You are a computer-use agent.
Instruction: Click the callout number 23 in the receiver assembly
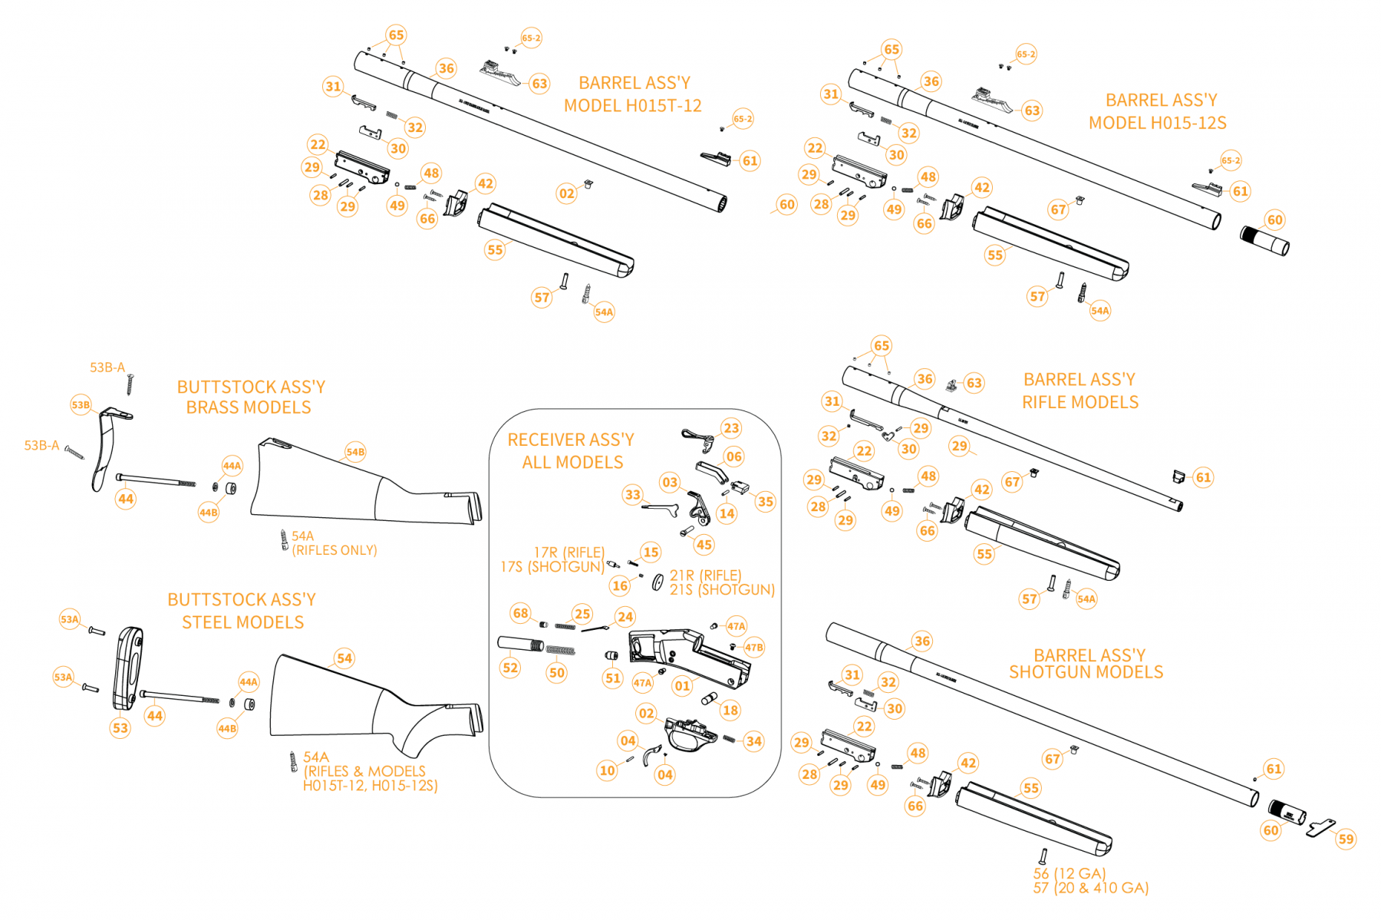(x=731, y=428)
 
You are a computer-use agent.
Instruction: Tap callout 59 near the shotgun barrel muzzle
(x=1346, y=839)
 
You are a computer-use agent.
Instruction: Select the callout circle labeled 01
(x=682, y=685)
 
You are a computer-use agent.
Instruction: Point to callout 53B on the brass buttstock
(x=81, y=404)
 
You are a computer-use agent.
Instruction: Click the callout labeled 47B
(x=754, y=648)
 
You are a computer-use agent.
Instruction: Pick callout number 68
(x=521, y=612)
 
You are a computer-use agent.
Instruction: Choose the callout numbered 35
(x=765, y=502)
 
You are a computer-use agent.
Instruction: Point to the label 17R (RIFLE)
(x=569, y=552)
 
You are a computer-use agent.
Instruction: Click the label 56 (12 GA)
(x=1069, y=873)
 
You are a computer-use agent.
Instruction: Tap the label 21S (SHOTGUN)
(x=722, y=589)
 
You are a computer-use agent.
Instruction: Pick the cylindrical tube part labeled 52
(x=519, y=643)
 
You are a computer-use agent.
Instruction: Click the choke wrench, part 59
(x=1320, y=827)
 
